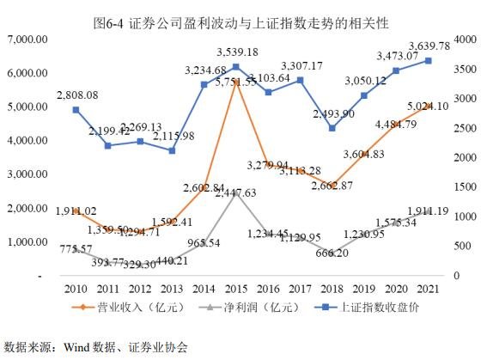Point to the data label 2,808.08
[75, 95]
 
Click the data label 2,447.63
[236, 193]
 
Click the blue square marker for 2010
[76, 110]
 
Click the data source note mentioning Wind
[95, 347]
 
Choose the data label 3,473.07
[396, 55]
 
